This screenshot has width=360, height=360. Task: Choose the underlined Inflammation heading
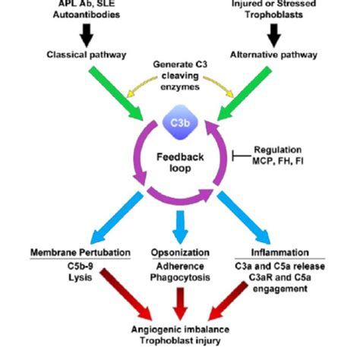(279, 251)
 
